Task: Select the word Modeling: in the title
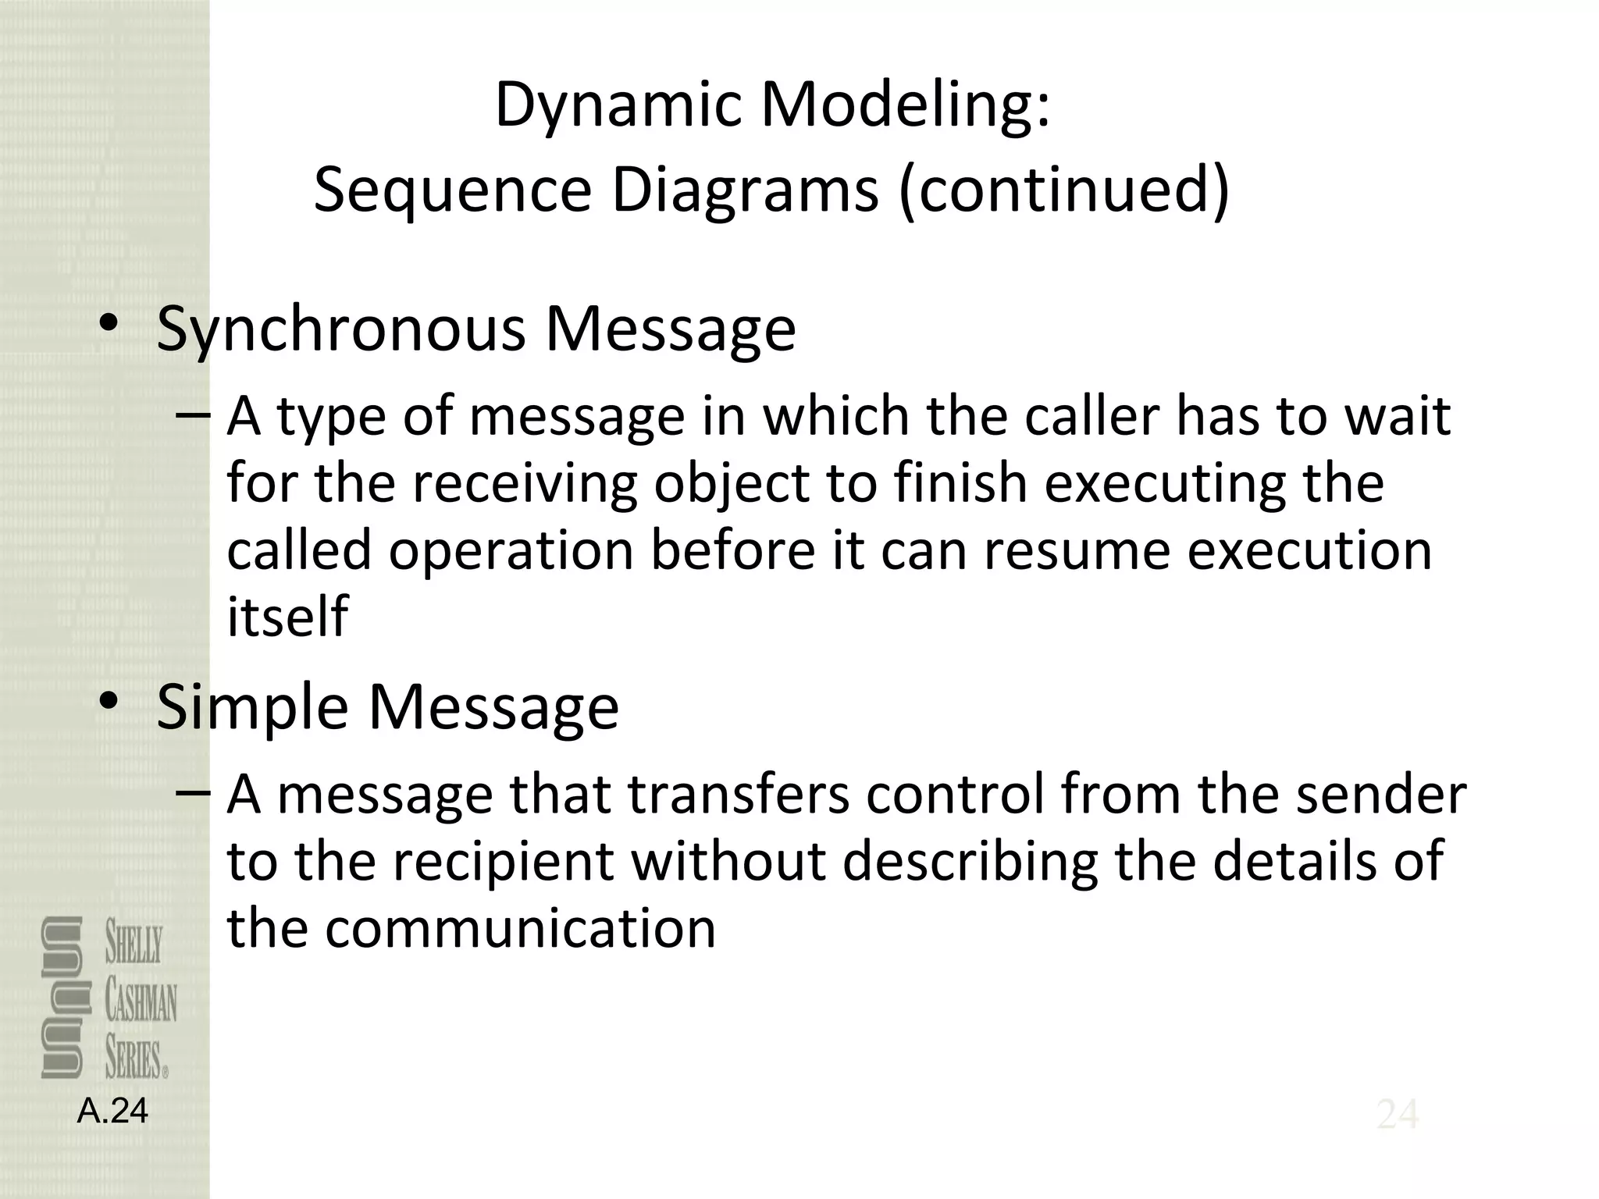(x=906, y=105)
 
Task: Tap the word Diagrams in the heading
(x=745, y=190)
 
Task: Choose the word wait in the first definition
(x=1398, y=415)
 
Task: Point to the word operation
(x=511, y=550)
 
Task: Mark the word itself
(x=287, y=615)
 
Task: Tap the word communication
(x=520, y=928)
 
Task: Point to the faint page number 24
(x=1398, y=1115)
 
